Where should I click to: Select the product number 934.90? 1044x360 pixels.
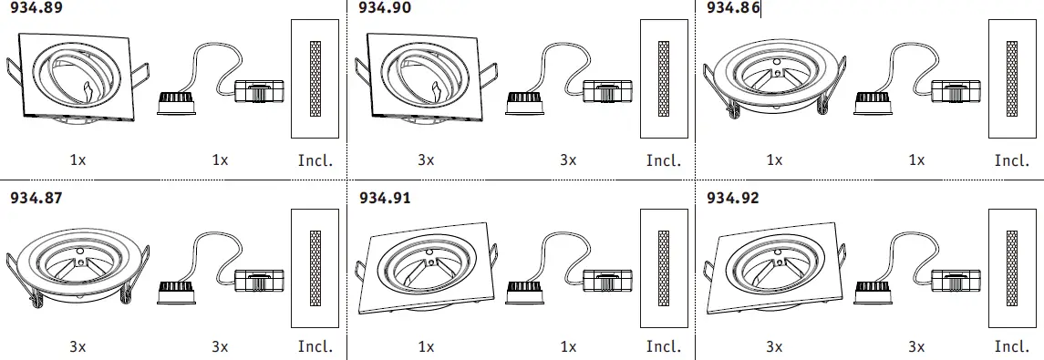[385, 8]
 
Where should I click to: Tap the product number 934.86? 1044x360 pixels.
[733, 8]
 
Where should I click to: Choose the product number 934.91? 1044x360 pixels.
[385, 197]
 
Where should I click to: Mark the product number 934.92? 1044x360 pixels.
[733, 197]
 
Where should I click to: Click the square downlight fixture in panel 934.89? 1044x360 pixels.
[77, 77]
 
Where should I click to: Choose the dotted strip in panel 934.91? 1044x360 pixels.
[664, 266]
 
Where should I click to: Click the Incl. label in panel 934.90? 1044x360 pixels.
[664, 160]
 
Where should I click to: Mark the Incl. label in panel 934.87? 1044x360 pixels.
[315, 346]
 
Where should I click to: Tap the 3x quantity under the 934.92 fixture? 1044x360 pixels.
[774, 346]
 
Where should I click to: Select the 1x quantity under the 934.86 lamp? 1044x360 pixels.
[915, 160]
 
